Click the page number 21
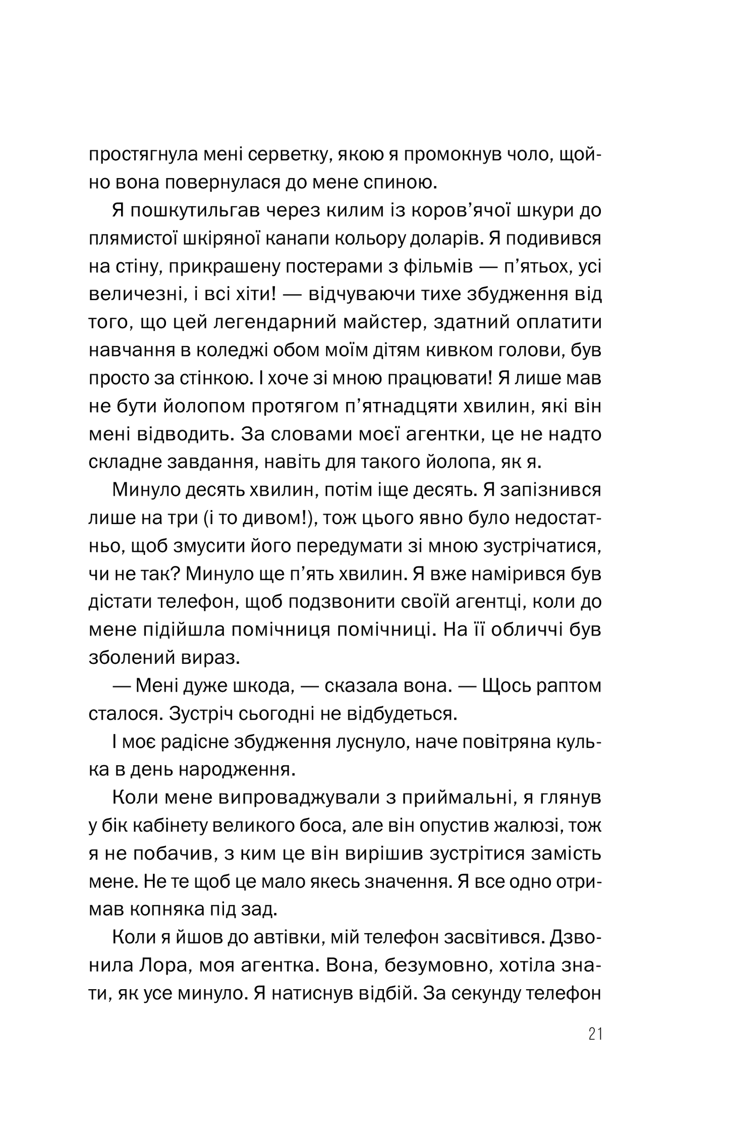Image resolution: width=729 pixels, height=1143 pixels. (595, 1035)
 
